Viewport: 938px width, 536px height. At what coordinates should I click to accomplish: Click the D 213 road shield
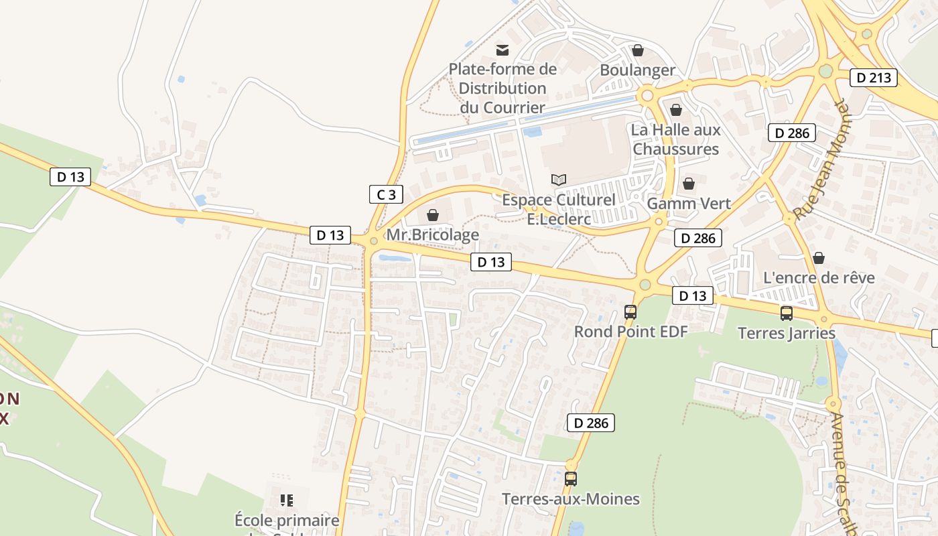(874, 78)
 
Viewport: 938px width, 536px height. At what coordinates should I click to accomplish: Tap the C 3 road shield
(386, 195)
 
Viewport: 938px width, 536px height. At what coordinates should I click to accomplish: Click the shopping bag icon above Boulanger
(638, 50)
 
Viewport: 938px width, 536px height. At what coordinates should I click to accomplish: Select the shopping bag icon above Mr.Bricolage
(433, 215)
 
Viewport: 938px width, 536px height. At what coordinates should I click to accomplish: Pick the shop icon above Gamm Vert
(689, 184)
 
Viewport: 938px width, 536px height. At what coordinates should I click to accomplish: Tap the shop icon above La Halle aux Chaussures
(676, 110)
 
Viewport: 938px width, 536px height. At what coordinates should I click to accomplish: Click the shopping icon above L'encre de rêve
(819, 258)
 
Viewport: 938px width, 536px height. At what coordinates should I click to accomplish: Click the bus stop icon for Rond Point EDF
(630, 312)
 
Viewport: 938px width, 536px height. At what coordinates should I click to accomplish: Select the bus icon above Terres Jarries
(787, 313)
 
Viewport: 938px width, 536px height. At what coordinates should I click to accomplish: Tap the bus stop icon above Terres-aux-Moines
(571, 479)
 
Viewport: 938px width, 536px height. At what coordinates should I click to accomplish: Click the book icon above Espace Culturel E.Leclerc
(559, 180)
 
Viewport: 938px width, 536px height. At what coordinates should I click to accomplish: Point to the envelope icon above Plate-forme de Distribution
(503, 50)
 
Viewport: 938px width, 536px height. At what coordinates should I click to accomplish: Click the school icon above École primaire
(287, 500)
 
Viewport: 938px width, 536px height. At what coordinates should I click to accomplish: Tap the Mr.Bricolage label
(433, 234)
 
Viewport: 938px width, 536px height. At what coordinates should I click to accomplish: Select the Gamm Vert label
(689, 203)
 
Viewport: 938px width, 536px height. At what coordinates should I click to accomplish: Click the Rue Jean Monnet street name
(817, 161)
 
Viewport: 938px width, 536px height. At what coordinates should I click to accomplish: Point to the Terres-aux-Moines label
(571, 498)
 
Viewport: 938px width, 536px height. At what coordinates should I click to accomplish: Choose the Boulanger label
(638, 70)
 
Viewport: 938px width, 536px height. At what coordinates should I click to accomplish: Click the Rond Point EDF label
(630, 331)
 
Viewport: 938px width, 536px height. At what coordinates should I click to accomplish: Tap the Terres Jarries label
(787, 333)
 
